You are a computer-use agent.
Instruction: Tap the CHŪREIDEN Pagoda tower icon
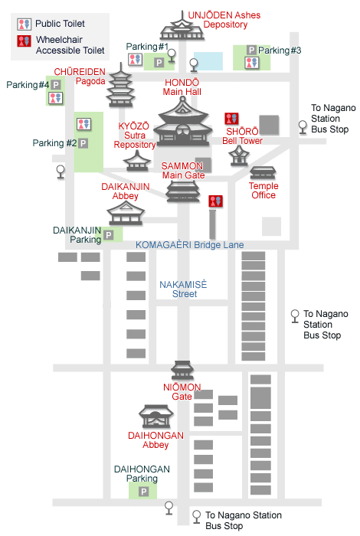(x=120, y=86)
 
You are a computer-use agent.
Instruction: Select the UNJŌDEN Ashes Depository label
(x=224, y=20)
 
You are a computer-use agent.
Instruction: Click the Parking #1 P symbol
(x=159, y=63)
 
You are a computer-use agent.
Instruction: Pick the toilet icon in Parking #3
(x=252, y=63)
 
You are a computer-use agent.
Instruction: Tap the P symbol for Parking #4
(x=56, y=85)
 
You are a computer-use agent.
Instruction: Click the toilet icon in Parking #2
(x=83, y=124)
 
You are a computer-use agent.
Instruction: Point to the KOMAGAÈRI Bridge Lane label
(x=190, y=245)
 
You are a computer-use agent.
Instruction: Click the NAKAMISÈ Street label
(x=184, y=289)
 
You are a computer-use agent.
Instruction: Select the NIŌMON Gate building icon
(x=182, y=371)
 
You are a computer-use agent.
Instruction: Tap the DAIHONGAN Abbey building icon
(x=156, y=417)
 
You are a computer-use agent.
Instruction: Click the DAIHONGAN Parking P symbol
(x=144, y=492)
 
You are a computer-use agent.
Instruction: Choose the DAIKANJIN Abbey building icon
(x=126, y=213)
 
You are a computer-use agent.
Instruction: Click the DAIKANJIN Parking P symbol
(x=109, y=235)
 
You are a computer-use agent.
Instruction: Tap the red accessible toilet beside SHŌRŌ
(x=232, y=119)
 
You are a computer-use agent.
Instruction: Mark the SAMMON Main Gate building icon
(x=183, y=191)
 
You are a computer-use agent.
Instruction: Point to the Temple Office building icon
(x=263, y=173)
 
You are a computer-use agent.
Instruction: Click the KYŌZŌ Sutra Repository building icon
(x=137, y=161)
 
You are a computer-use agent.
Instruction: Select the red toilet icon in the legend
(x=25, y=41)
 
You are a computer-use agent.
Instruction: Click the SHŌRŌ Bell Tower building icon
(x=239, y=156)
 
